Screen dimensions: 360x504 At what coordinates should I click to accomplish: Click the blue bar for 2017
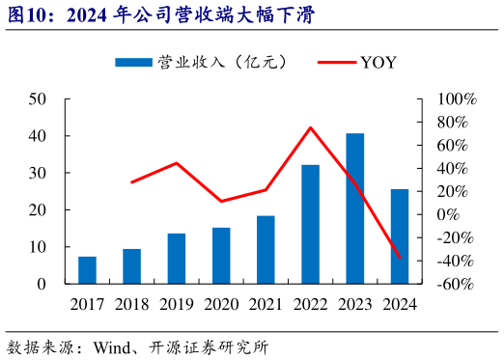click(x=87, y=270)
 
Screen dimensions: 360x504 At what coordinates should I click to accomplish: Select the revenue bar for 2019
click(x=177, y=259)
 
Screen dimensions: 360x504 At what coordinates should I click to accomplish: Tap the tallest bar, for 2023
click(x=355, y=208)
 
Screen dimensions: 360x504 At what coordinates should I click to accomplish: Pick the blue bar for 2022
click(x=310, y=224)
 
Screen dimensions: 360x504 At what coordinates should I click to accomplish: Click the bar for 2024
click(x=400, y=236)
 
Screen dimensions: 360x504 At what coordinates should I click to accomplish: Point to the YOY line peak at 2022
click(x=310, y=127)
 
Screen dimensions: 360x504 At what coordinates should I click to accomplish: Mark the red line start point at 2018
click(x=131, y=182)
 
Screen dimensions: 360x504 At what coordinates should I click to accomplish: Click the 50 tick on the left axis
click(x=38, y=99)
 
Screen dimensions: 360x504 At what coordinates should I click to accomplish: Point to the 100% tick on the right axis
click(x=457, y=99)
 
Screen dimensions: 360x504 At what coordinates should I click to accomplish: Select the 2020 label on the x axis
click(x=221, y=304)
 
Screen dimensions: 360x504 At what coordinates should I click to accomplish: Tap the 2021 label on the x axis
click(x=266, y=304)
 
